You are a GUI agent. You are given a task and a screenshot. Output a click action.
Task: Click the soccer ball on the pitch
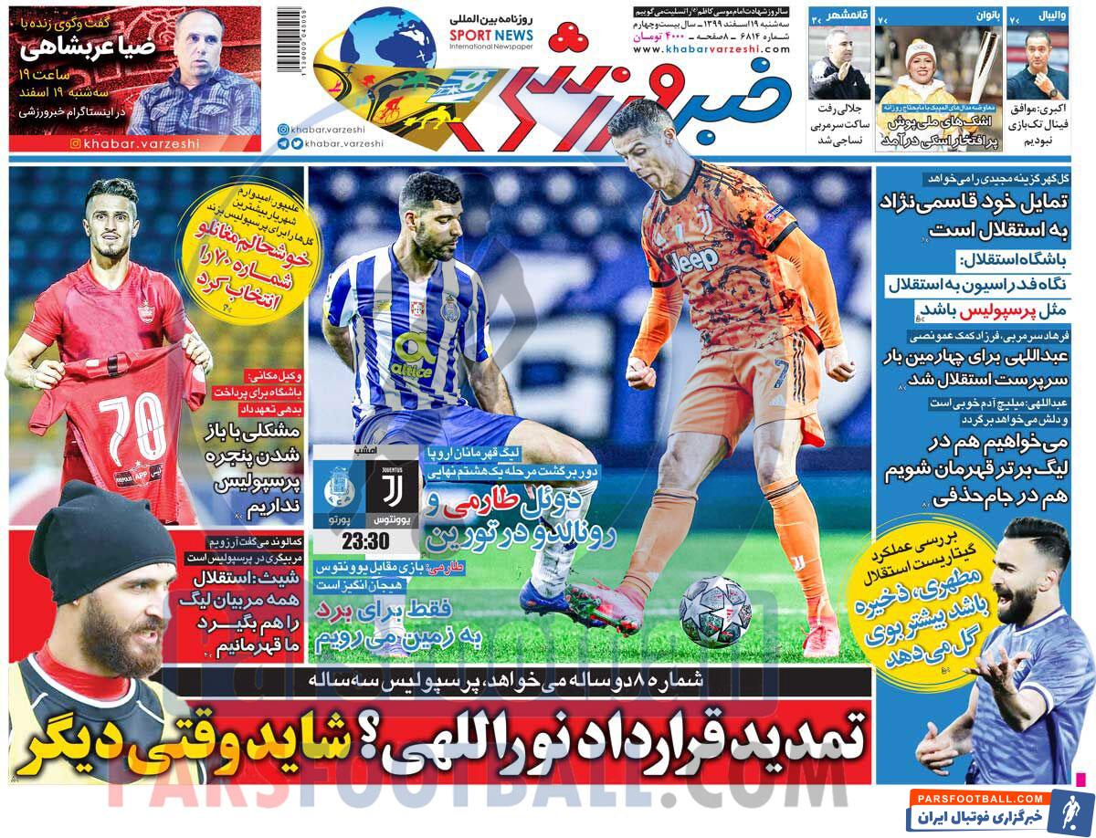tap(715, 611)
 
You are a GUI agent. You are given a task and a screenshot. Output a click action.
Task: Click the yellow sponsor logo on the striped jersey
tap(411, 356)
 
